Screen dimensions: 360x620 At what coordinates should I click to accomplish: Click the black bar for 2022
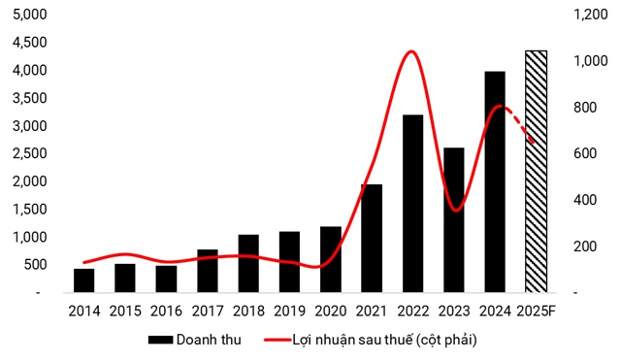(x=412, y=204)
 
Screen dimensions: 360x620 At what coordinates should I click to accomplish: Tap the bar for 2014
(x=84, y=280)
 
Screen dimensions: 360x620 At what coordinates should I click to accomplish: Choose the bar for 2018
(x=248, y=263)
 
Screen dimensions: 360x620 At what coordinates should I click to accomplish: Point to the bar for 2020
(x=331, y=259)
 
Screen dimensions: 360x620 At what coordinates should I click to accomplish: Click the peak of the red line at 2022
(x=411, y=51)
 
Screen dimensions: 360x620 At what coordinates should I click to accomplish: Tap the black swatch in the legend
(x=160, y=340)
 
